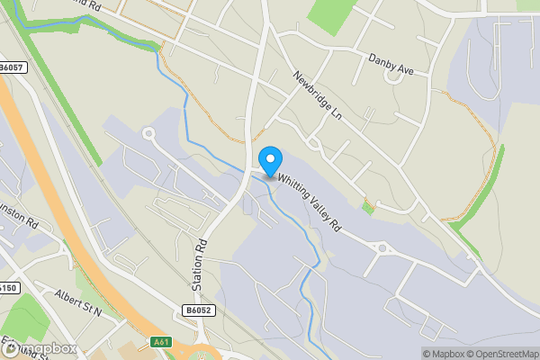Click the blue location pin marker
point(269,160)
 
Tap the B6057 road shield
point(13,67)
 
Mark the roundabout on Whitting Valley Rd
point(382,247)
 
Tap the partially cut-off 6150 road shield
point(8,288)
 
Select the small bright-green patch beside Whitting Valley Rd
point(367,208)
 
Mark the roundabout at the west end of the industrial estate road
point(148,134)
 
